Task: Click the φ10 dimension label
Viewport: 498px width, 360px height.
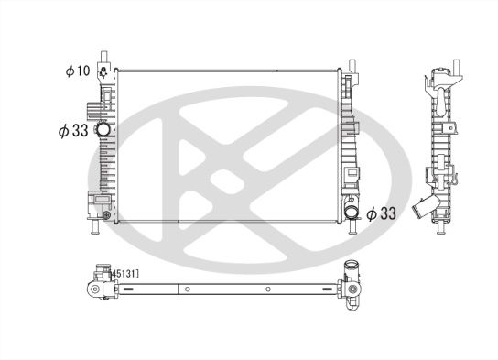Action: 76,71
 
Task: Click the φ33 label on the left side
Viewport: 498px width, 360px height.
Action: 74,131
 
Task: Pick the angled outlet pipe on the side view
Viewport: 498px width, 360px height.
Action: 422,209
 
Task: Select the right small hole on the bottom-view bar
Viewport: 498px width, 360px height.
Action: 266,292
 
